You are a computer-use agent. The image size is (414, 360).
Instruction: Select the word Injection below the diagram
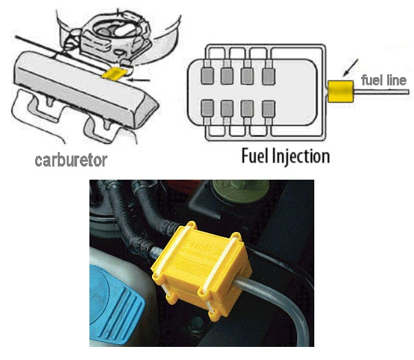302,156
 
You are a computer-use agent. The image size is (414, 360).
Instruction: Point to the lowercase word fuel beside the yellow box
372,81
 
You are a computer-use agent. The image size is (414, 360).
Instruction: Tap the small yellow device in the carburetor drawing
113,72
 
